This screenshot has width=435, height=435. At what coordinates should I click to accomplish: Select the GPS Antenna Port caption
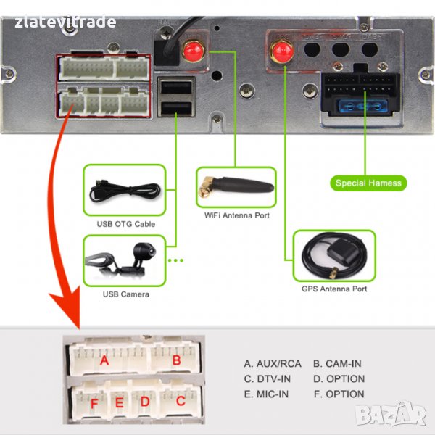(334, 289)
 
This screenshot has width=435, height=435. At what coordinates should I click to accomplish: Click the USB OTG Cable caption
(125, 224)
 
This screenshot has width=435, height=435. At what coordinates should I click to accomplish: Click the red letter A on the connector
(104, 360)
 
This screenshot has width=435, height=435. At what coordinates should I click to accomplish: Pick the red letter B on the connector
(175, 359)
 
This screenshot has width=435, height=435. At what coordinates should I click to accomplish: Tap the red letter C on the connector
(180, 399)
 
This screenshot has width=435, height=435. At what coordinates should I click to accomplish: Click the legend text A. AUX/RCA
(273, 363)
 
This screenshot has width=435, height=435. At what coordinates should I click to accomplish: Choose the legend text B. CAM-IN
(337, 363)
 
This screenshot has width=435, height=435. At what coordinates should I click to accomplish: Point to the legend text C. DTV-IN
(269, 378)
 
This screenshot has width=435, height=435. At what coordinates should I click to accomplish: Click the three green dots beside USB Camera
(176, 260)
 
